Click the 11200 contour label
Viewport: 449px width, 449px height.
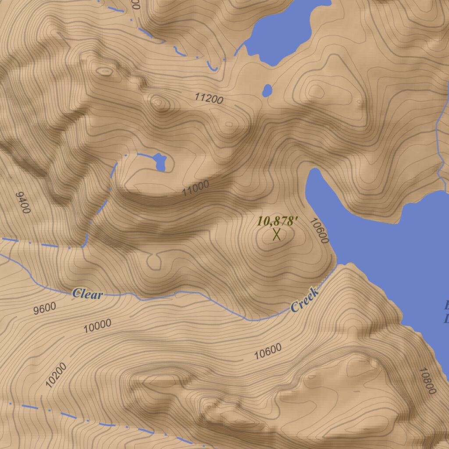(209, 99)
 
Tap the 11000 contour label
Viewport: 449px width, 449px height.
(196, 188)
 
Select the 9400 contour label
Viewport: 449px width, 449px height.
(23, 203)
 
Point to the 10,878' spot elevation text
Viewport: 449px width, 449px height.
(275, 221)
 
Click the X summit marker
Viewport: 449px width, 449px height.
(277, 235)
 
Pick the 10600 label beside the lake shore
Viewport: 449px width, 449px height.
(319, 231)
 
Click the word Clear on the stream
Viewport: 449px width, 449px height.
(88, 294)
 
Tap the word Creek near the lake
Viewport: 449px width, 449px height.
(304, 300)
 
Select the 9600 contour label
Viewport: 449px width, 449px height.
(45, 308)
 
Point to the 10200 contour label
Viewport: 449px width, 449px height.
(56, 375)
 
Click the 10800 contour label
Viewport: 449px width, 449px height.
(427, 381)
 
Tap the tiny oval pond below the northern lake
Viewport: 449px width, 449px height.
(267, 90)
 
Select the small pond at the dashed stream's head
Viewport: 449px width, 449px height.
(160, 162)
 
